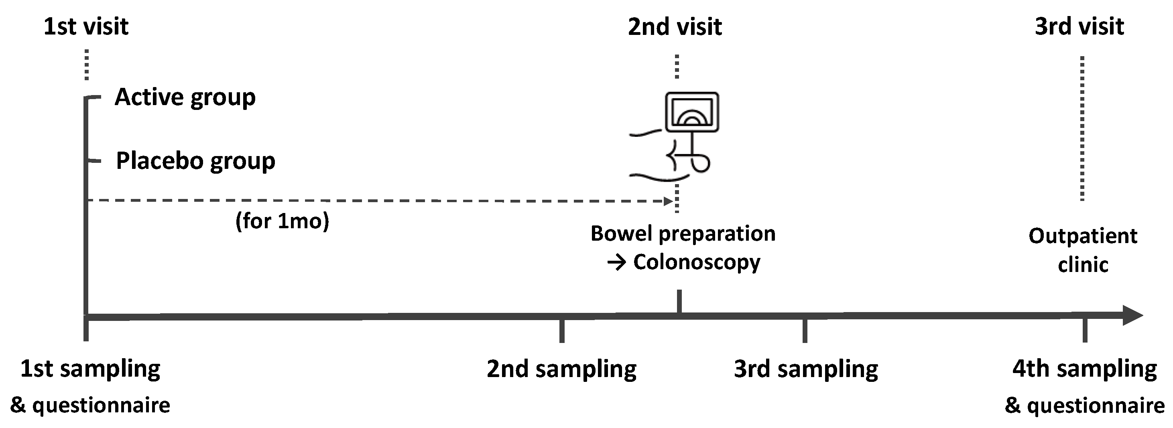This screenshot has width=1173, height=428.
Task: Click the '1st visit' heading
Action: point(85,26)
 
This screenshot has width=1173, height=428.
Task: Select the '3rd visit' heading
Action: point(1079,26)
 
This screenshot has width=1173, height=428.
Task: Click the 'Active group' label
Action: point(185,97)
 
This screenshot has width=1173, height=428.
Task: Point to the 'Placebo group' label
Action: point(195,161)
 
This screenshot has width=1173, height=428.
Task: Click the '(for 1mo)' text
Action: point(282,221)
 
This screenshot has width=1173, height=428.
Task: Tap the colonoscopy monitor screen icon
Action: point(692,112)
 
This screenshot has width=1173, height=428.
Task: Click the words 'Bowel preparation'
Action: point(683,233)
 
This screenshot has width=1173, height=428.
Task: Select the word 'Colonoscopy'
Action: point(696,262)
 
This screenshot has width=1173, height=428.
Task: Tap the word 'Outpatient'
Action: point(1082,236)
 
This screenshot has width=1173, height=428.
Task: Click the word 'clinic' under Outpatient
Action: point(1082,264)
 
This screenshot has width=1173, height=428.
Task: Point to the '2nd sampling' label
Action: point(561,369)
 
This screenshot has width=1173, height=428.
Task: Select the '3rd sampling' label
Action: point(805,369)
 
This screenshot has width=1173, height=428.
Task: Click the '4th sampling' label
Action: point(1084,369)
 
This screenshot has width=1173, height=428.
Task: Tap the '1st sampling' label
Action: point(90,369)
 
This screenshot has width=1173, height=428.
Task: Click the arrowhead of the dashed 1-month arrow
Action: point(669,201)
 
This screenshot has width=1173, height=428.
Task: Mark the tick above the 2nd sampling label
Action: point(562,331)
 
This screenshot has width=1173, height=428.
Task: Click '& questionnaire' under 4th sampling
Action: point(1084,405)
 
